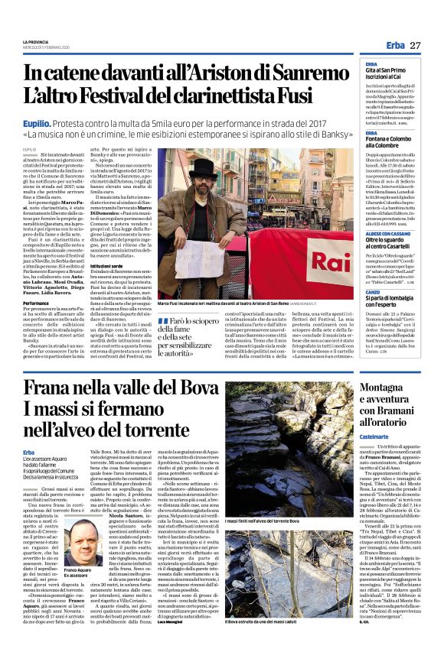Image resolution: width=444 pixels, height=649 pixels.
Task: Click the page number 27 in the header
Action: point(415,46)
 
